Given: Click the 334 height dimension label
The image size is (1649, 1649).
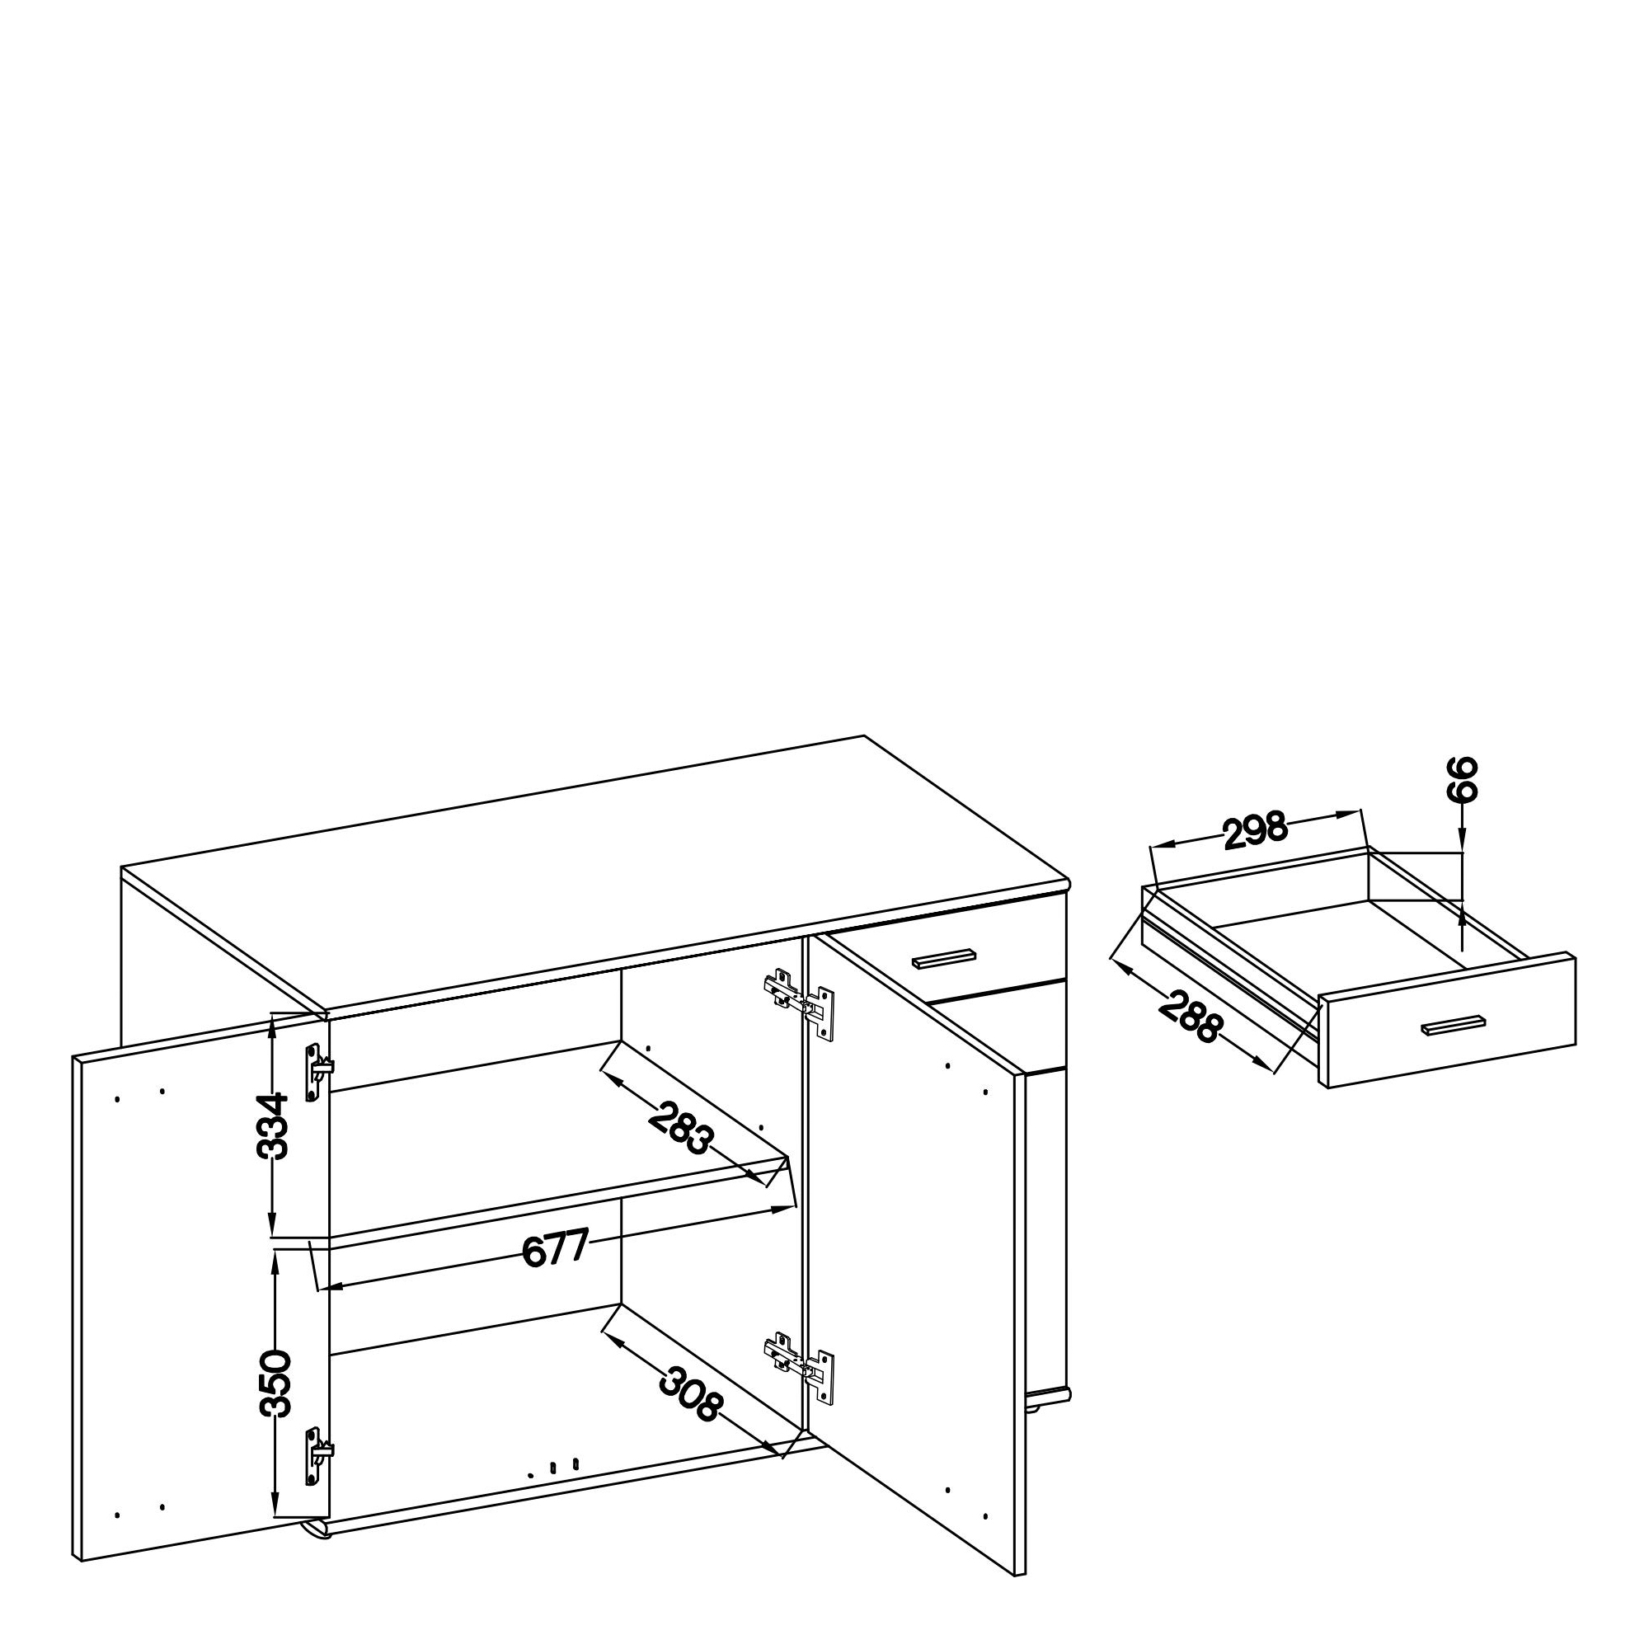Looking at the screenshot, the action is [273, 1125].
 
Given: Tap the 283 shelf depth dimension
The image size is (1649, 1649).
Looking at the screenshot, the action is [680, 1129].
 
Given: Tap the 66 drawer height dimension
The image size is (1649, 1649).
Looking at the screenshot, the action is [1461, 778].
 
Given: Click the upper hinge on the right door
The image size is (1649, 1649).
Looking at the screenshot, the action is [799, 1003].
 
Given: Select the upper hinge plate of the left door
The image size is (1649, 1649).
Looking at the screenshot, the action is [317, 1072].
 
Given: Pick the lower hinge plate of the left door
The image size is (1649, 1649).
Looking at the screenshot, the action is [317, 1456].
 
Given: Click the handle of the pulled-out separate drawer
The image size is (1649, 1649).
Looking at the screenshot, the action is [1454, 1025].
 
